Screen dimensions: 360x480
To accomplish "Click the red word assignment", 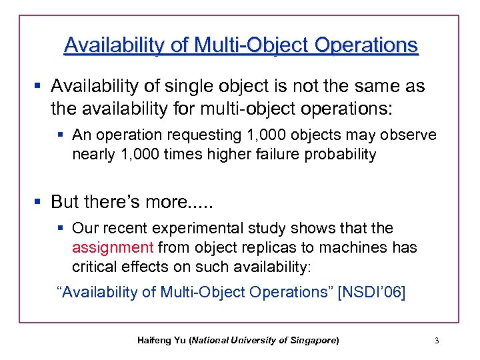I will click(113, 248).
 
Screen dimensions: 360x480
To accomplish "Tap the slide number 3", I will click(436, 341).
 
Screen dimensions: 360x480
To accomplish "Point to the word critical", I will click(95, 267).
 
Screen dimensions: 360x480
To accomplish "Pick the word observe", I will click(411, 135).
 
